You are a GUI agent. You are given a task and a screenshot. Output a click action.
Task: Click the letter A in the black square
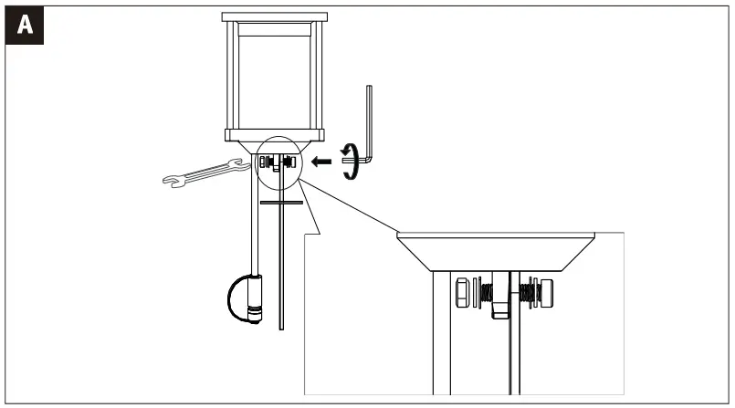[26, 26]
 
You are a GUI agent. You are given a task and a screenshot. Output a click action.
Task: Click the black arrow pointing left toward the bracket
[320, 162]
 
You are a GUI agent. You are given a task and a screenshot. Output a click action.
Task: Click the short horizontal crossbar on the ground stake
[280, 201]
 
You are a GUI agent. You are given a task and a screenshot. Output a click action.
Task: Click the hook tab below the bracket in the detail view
[499, 309]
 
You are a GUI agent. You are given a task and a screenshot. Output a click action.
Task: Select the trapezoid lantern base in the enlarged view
[498, 251]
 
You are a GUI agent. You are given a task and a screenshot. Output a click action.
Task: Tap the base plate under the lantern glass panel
[274, 137]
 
